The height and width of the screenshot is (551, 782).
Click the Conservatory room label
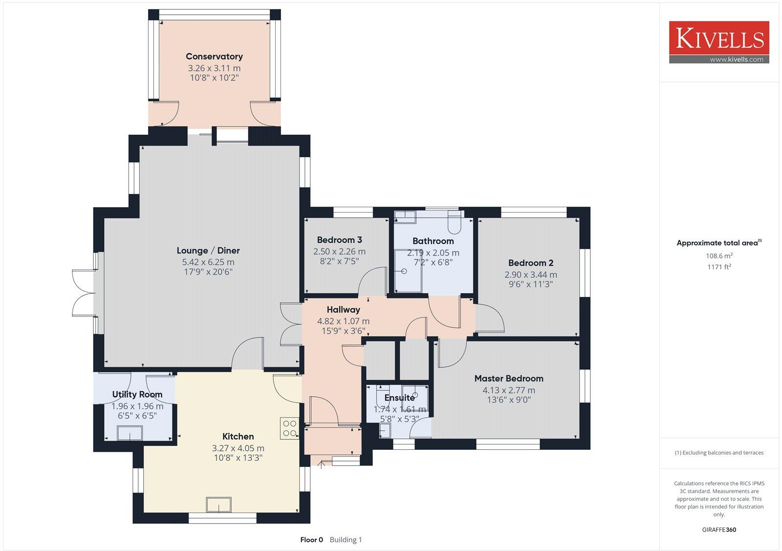[214, 57]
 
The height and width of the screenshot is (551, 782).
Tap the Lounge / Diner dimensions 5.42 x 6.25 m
[208, 262]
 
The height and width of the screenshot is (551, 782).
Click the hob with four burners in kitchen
[289, 428]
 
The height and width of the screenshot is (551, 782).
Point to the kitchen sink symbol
[218, 505]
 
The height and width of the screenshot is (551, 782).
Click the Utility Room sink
[130, 433]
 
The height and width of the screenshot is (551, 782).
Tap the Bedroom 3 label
[339, 240]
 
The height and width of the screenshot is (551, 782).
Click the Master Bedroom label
[509, 379]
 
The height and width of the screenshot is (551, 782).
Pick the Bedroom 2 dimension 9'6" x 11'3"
[530, 284]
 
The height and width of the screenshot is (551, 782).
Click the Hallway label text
[343, 310]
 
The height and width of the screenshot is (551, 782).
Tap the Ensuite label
[399, 398]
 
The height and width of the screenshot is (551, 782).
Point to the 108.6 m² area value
[719, 255]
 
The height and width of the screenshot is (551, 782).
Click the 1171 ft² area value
[719, 267]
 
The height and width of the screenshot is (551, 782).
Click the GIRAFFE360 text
[719, 530]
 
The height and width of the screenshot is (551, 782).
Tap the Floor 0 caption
[311, 540]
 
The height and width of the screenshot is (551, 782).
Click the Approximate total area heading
[717, 243]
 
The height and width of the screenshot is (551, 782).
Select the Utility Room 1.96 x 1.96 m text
[137, 406]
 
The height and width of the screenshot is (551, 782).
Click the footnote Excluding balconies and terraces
[719, 453]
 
